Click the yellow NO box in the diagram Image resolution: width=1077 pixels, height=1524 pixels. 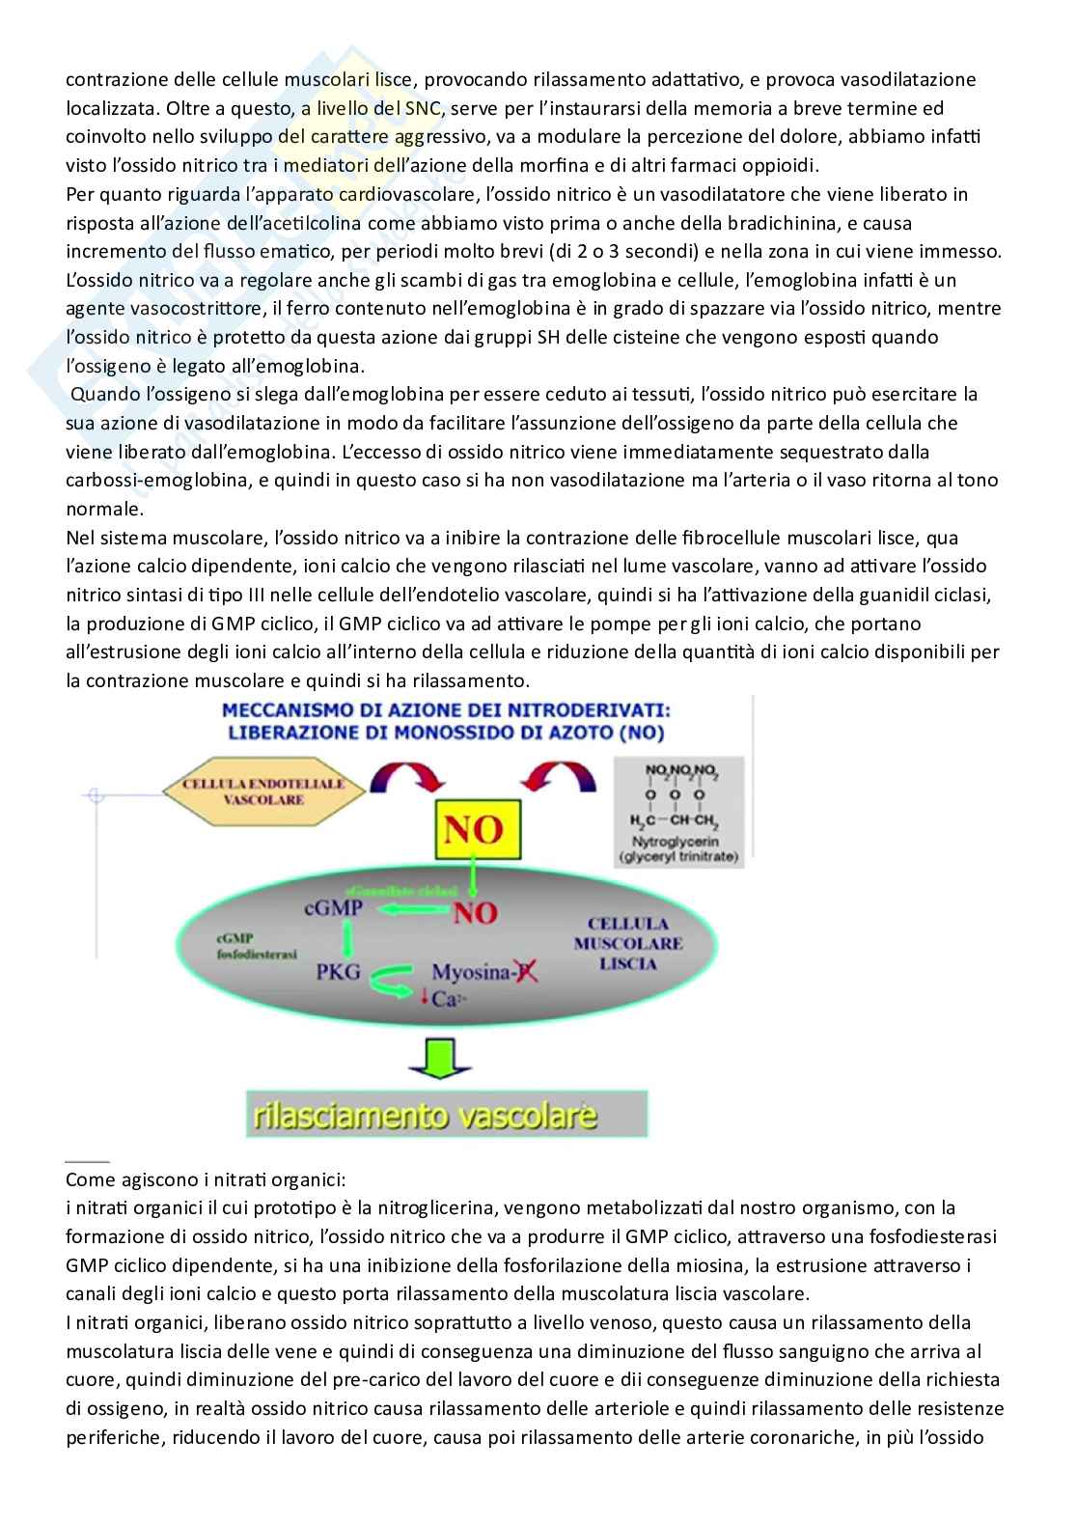(478, 829)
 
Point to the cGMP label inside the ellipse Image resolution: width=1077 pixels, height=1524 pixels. (333, 908)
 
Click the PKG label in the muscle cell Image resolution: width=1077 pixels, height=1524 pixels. (338, 971)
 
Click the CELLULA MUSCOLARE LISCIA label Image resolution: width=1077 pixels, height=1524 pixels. (627, 943)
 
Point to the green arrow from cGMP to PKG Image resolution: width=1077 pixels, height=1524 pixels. (345, 939)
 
